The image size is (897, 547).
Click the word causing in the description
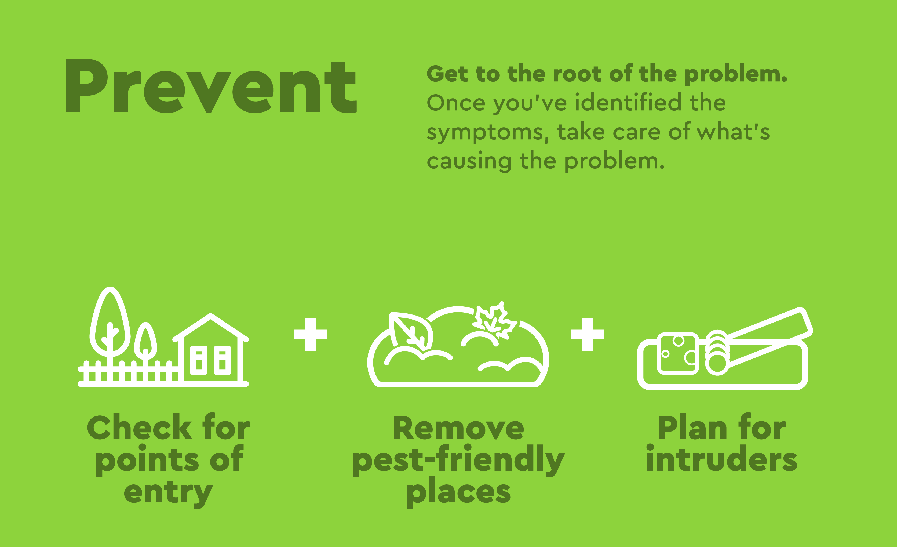[x=469, y=162]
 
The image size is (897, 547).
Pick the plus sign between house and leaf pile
[x=311, y=334]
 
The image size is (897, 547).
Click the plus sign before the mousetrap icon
[x=587, y=334]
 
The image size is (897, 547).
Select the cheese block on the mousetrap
[x=678, y=353]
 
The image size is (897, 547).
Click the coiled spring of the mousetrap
[x=717, y=353]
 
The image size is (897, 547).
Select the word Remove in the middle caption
[x=459, y=428]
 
